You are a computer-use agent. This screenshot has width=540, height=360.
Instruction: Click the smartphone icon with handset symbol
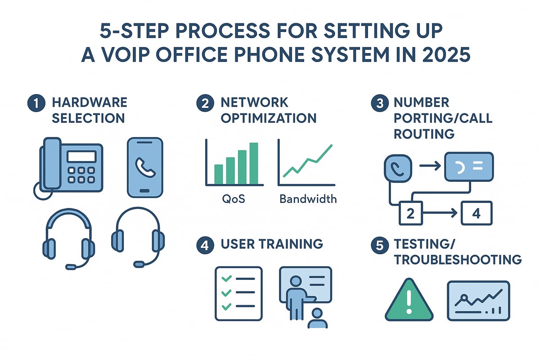145,167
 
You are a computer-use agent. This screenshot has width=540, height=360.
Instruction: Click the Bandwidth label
308,198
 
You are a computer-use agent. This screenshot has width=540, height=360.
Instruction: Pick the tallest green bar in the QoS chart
254,163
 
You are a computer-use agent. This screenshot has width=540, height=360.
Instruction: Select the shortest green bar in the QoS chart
219,174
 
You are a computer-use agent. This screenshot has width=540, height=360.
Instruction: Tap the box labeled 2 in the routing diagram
410,213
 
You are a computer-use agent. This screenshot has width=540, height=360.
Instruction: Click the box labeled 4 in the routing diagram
477,213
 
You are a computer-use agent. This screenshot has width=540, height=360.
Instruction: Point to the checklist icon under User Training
238,293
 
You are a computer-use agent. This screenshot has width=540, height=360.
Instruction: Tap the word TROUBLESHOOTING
458,260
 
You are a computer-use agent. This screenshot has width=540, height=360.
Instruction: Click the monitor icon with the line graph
478,300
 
